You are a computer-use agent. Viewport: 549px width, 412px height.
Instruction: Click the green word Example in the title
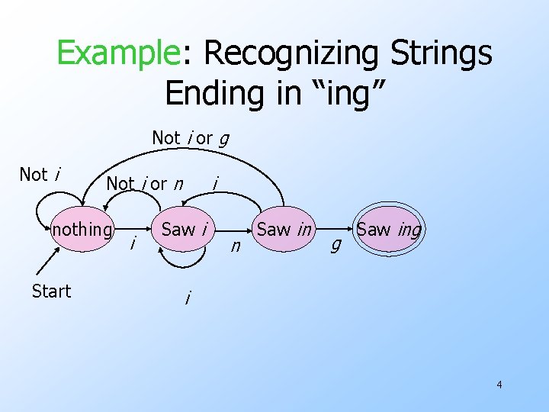(x=117, y=53)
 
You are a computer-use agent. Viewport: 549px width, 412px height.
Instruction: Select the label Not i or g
(x=191, y=138)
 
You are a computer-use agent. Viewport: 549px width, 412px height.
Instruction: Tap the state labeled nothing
(x=82, y=230)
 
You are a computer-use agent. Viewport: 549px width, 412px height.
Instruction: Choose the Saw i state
(x=185, y=229)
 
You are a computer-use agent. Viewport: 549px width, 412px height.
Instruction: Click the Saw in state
(x=284, y=229)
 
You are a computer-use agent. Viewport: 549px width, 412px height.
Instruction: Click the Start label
(x=51, y=291)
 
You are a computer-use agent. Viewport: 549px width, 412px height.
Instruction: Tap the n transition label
(x=236, y=246)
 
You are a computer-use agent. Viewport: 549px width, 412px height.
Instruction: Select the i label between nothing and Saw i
(x=134, y=244)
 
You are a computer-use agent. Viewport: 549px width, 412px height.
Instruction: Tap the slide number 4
(x=499, y=385)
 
